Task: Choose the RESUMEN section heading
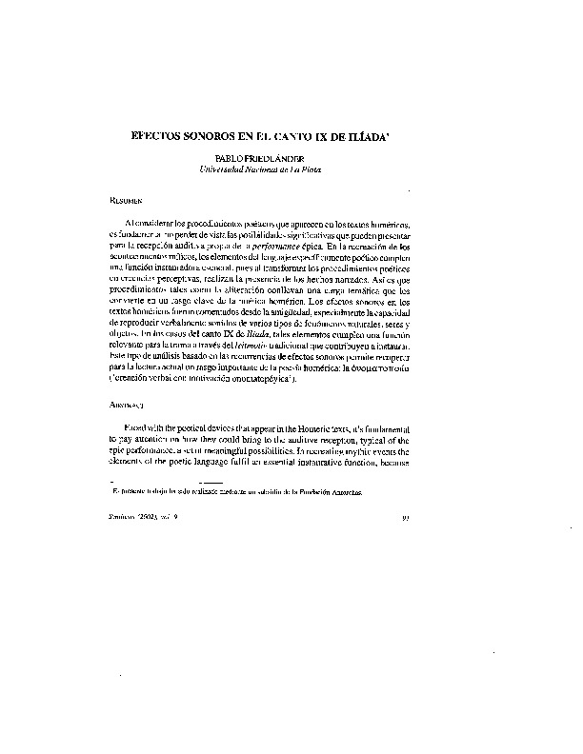click(x=127, y=203)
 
